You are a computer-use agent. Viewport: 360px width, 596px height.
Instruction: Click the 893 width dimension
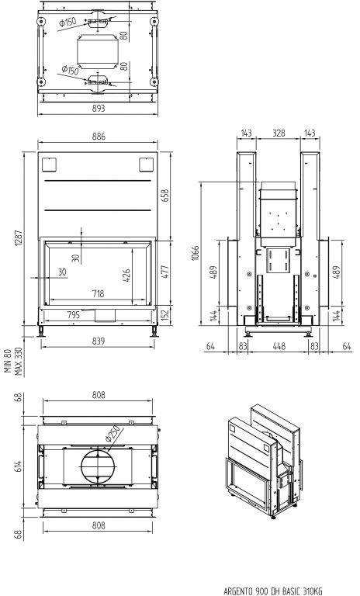(98, 109)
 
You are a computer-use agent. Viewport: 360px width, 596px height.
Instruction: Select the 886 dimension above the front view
(99, 137)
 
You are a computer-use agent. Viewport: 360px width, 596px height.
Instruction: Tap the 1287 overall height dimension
(19, 237)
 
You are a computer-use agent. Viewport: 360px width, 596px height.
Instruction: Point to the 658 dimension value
(166, 196)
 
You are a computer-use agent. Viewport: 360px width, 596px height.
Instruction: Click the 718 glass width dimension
(98, 293)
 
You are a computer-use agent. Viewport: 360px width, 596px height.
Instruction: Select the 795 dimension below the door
(74, 315)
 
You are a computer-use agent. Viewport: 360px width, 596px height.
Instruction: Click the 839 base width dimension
(98, 341)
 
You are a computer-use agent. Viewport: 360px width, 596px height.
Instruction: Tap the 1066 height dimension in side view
(195, 253)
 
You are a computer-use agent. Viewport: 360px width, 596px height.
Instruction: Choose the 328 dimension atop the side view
(279, 133)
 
